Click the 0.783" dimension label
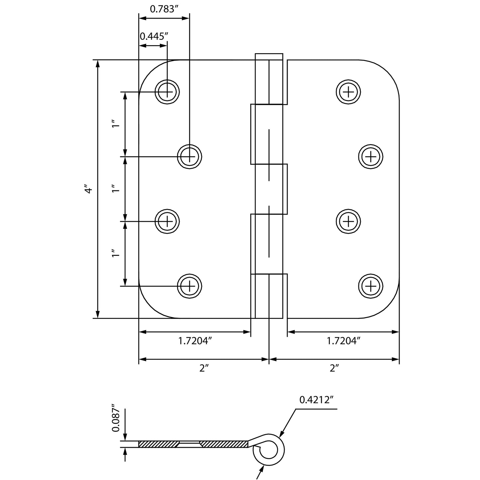pos(162,9)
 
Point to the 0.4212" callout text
pos(316,400)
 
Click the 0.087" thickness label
pos(115,418)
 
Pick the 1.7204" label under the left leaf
pos(195,341)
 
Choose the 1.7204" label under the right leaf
pos(343,341)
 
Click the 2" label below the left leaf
pos(204,368)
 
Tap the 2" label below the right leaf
pos(334,368)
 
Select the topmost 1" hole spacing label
pos(115,125)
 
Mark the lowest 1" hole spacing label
pos(115,255)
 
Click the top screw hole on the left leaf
pos(167,92)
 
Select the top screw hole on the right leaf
pos(348,92)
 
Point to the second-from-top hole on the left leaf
pos(189,156)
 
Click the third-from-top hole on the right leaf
pos(348,221)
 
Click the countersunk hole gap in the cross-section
pos(189,444)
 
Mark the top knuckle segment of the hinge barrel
pos(269,79)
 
